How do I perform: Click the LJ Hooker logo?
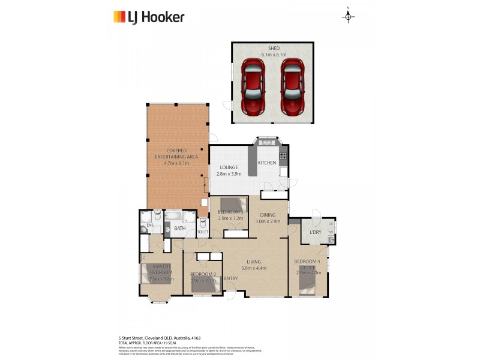coord(149,17)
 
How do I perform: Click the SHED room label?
coord(274,48)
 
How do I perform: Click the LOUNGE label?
coord(229,167)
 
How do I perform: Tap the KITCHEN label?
coord(267,163)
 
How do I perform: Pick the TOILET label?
coord(202,232)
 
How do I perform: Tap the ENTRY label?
coord(231,278)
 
